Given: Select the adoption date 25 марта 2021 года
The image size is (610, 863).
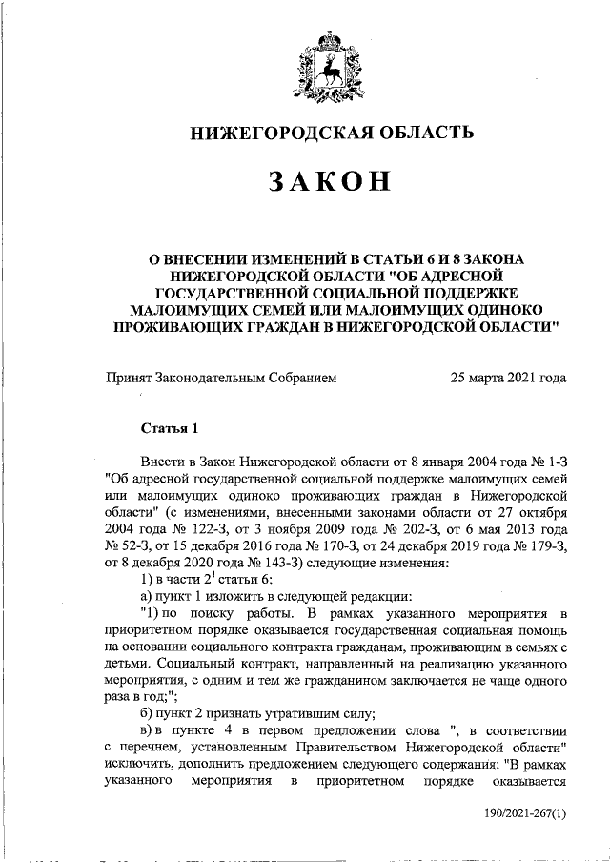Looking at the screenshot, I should point(509,378).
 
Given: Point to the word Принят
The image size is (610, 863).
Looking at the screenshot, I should point(129,378).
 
